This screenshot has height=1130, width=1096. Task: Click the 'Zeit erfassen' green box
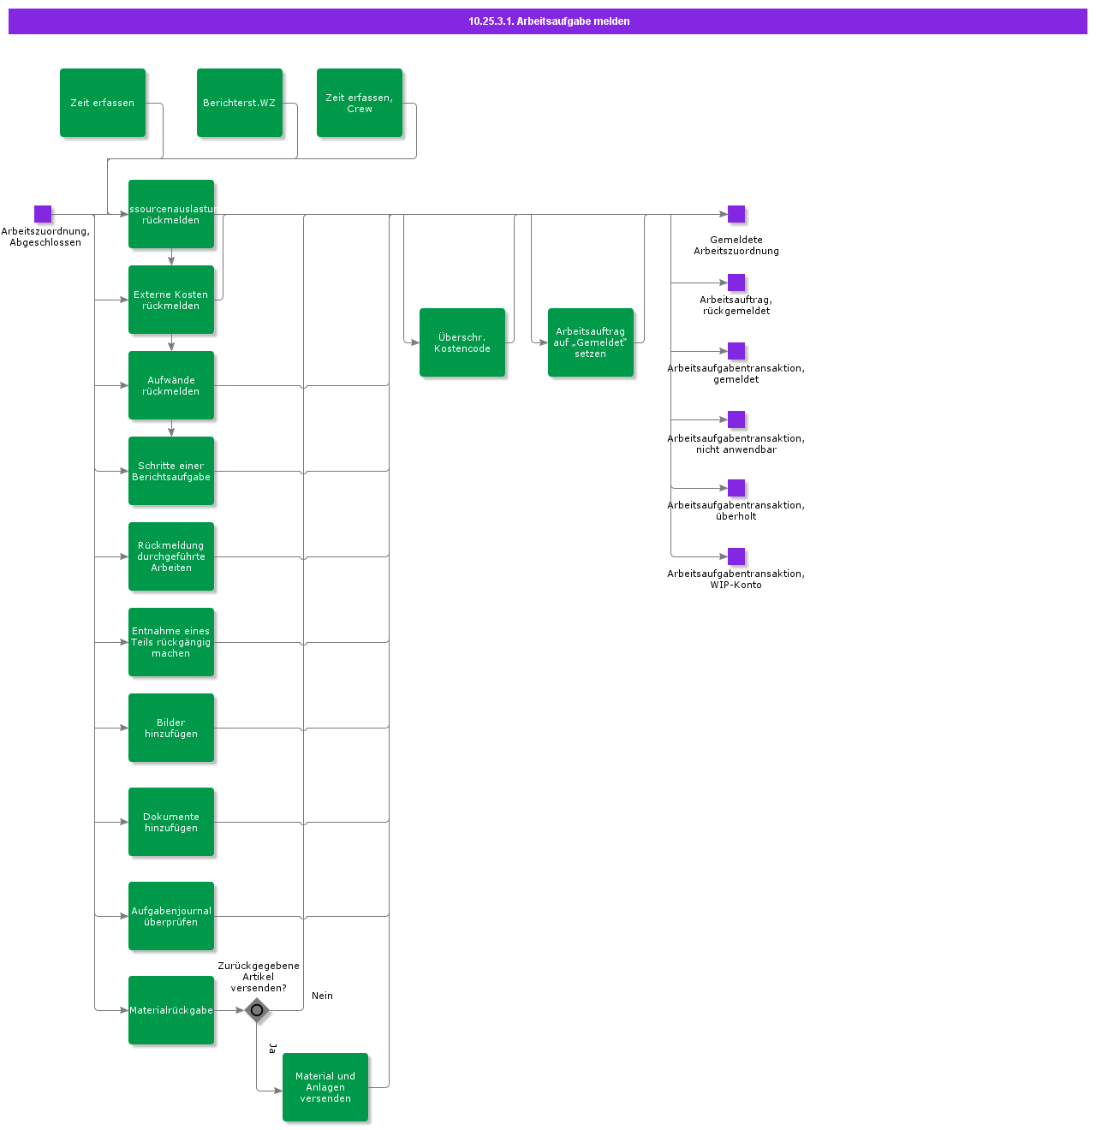103,103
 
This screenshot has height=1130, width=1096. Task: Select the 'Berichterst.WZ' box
240,103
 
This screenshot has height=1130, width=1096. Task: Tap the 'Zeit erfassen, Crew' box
360,103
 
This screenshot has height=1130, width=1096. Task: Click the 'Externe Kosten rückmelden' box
171,300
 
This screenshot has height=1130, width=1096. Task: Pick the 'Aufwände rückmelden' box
171,385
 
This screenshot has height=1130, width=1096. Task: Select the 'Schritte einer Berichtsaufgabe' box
171,471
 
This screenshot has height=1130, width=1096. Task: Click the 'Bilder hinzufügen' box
171,728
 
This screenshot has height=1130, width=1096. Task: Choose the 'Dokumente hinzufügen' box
171,822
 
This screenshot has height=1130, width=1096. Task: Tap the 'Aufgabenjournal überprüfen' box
171,916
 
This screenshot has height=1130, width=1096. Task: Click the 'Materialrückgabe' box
171,1010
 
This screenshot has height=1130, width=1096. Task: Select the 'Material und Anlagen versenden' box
325,1087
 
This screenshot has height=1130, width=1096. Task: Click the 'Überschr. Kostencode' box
462,342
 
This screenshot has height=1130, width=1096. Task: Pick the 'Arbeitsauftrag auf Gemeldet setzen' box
591,342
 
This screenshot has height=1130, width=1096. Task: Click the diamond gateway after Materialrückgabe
257,1010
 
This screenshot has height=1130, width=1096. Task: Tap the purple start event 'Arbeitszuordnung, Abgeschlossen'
43,214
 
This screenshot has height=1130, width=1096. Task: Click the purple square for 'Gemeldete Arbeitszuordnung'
736,214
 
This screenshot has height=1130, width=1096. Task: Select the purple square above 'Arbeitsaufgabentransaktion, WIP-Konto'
736,556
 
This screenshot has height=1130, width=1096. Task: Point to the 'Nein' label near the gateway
322,996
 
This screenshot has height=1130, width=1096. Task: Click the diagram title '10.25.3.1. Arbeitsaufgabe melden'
548,21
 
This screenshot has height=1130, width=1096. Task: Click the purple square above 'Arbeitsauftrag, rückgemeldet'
736,282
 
